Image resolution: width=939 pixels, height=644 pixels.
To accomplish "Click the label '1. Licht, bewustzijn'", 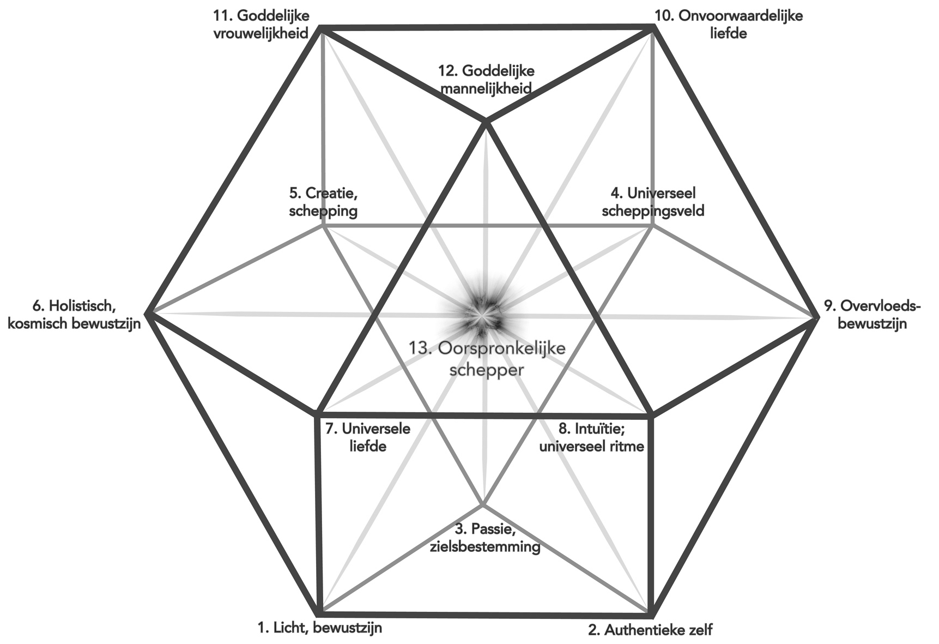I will pyautogui.click(x=319, y=628).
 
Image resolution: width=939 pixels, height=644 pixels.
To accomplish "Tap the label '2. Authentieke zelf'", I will pyautogui.click(x=650, y=630).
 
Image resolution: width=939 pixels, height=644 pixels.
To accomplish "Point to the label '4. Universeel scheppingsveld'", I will pyautogui.click(x=653, y=202).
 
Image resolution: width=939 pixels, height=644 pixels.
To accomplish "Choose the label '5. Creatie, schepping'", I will pyautogui.click(x=323, y=202).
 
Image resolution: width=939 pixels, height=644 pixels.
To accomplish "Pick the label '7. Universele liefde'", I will pyautogui.click(x=368, y=437).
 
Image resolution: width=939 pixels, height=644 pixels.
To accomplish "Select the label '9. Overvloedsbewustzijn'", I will pyautogui.click(x=871, y=315).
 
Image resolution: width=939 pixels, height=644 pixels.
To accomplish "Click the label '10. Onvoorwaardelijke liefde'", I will pyautogui.click(x=728, y=24).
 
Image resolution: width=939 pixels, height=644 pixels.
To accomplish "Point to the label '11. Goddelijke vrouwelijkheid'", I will pyautogui.click(x=261, y=24).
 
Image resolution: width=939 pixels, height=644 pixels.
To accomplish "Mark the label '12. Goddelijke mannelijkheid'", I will pyautogui.click(x=486, y=79).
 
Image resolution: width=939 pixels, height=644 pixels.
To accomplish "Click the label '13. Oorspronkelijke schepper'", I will pyautogui.click(x=487, y=358).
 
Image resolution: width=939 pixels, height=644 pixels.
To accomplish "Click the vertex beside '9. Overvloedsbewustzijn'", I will pyautogui.click(x=816, y=316).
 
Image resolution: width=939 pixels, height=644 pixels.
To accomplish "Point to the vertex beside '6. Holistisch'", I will pyautogui.click(x=148, y=314).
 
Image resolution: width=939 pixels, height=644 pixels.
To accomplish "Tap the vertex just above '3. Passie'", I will pyautogui.click(x=482, y=503).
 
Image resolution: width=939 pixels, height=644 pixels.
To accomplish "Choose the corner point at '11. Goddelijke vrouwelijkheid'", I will pyautogui.click(x=320, y=27).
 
